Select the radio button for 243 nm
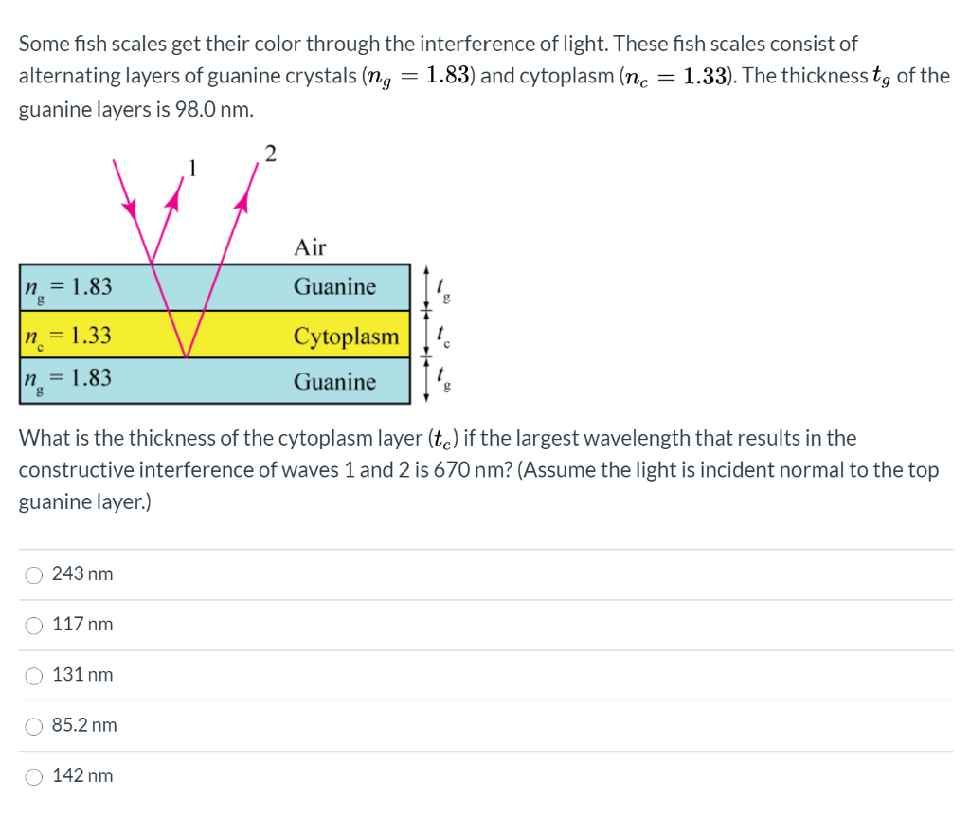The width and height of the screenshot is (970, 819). point(34,574)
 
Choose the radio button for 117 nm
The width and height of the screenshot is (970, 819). point(34,625)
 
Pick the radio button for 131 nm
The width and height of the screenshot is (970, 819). point(34,675)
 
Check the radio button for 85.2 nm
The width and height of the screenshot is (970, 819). point(34,726)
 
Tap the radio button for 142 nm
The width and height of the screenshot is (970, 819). point(34,776)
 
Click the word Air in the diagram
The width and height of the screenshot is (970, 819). point(310,248)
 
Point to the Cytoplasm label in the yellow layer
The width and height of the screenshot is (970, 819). point(346,337)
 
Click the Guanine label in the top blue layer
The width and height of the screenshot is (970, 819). point(334,286)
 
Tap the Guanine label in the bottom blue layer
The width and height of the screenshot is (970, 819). point(334,382)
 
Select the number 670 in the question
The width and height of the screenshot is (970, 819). point(620,470)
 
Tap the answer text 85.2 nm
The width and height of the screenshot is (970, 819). point(84,725)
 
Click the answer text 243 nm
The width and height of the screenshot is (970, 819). point(82,573)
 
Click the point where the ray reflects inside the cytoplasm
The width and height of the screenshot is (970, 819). point(186,356)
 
